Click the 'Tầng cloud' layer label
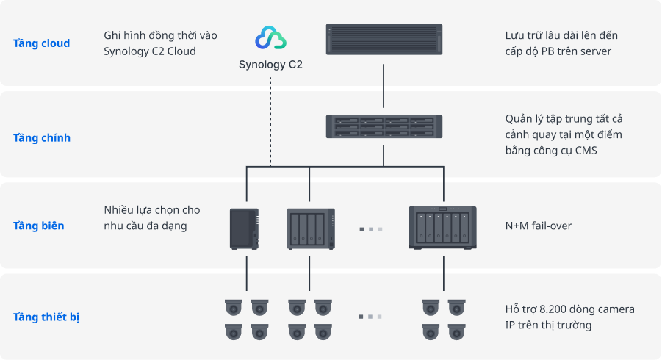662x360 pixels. [x=41, y=43]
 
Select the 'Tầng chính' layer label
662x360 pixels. [x=41, y=138]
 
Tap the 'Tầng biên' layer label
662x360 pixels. [x=38, y=226]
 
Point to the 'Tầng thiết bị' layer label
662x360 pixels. [x=46, y=317]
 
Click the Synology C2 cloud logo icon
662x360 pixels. [x=270, y=39]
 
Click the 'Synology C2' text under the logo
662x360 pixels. [x=270, y=65]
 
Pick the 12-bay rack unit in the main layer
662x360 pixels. [x=384, y=128]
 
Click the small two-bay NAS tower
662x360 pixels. [x=245, y=228]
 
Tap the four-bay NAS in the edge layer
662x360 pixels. [x=310, y=228]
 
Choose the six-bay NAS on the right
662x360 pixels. [x=442, y=228]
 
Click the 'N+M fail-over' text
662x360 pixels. [x=539, y=226]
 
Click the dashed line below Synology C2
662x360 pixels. [x=270, y=121]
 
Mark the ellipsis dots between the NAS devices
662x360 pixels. [x=370, y=230]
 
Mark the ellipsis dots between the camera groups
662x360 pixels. [x=370, y=317]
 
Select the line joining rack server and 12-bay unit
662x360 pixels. [x=384, y=88]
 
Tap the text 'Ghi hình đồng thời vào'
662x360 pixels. [x=160, y=35]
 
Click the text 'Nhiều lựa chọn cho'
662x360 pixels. [x=152, y=210]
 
